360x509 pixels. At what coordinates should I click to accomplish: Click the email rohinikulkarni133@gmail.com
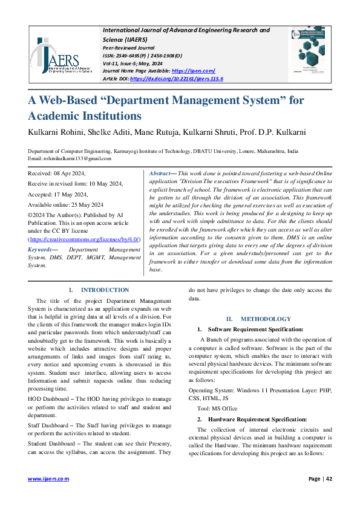[x=77, y=158]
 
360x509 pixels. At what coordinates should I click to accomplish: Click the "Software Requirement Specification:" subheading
[x=255, y=329]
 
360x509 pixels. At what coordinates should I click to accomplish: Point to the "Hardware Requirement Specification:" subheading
[x=256, y=419]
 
